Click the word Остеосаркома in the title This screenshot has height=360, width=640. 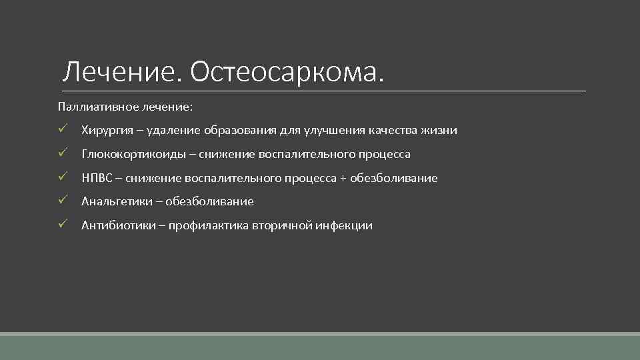click(x=287, y=72)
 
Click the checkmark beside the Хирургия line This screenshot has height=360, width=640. click(x=62, y=130)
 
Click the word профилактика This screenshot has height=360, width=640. click(x=209, y=225)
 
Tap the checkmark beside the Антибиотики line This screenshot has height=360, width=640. click(x=62, y=225)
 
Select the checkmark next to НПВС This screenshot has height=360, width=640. click(x=62, y=177)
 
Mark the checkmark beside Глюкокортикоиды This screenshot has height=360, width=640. click(x=62, y=154)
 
